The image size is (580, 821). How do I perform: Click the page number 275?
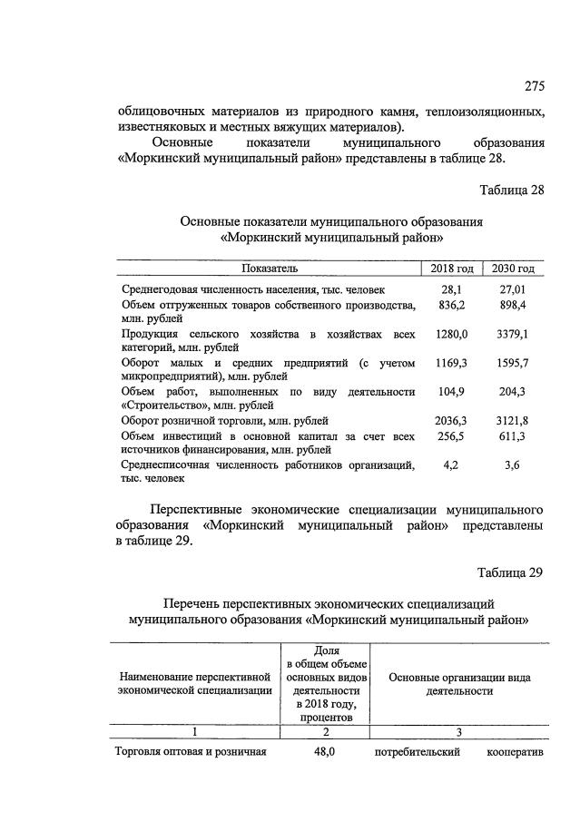(534, 87)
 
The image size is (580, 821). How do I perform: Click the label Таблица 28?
(511, 189)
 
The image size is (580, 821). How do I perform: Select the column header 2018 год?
(452, 269)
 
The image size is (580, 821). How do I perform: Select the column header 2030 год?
(513, 269)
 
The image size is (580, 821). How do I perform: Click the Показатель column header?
(270, 269)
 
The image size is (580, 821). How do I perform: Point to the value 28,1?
(452, 288)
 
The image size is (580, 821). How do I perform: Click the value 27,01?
(513, 288)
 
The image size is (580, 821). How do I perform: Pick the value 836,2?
(452, 305)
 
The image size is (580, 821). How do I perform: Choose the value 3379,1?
(513, 335)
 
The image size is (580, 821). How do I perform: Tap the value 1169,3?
(452, 363)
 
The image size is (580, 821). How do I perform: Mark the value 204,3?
(513, 391)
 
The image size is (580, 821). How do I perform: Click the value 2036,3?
(452, 421)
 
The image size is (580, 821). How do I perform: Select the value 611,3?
(513, 436)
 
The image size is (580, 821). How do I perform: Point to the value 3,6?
(513, 464)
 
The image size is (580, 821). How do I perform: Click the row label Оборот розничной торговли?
(224, 421)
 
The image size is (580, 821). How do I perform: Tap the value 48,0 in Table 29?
(326, 751)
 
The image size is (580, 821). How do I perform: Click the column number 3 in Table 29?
(458, 731)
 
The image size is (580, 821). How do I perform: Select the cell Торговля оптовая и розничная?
(191, 751)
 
